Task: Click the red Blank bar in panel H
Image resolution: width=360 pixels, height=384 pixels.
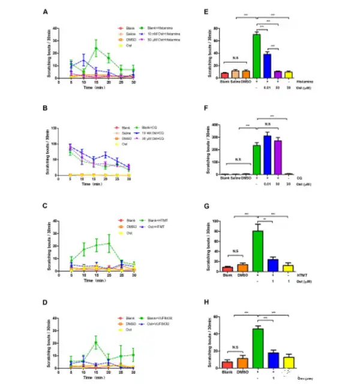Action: [226, 365]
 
